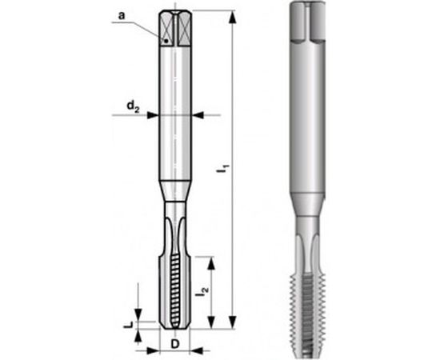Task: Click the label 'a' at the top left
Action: tap(121, 15)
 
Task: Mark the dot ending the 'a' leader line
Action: tap(164, 41)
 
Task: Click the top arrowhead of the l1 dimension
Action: tap(232, 15)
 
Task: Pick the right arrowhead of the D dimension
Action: tap(193, 349)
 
